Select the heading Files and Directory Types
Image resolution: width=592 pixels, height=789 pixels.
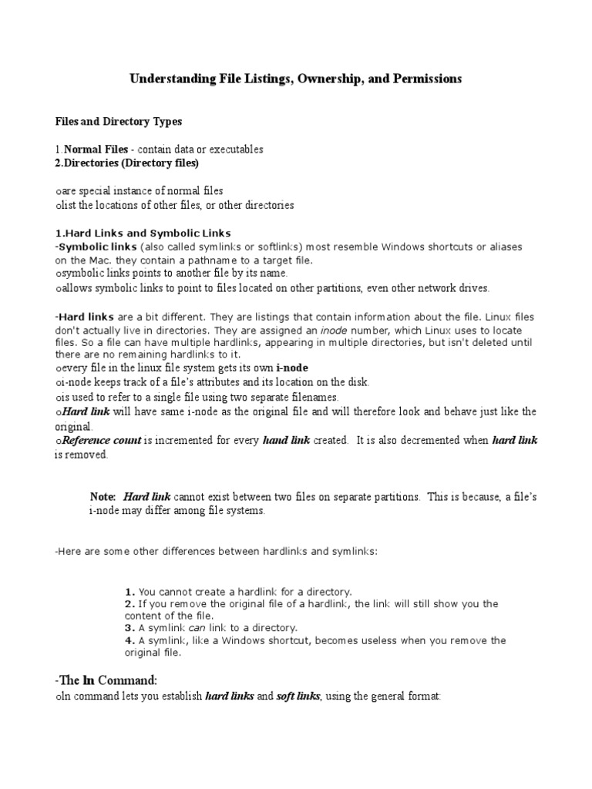(x=119, y=122)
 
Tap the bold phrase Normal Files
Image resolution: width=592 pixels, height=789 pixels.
(x=96, y=149)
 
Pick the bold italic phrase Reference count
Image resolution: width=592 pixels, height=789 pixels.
(x=102, y=441)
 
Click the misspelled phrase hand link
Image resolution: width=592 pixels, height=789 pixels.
(x=287, y=441)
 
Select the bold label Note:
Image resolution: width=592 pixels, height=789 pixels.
(x=103, y=497)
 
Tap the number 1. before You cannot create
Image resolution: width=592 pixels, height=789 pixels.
(x=129, y=592)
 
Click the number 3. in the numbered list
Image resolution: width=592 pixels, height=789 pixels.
(x=129, y=628)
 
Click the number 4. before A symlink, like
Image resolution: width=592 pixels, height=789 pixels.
(x=129, y=640)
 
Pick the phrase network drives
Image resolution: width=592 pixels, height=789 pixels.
(x=456, y=288)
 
